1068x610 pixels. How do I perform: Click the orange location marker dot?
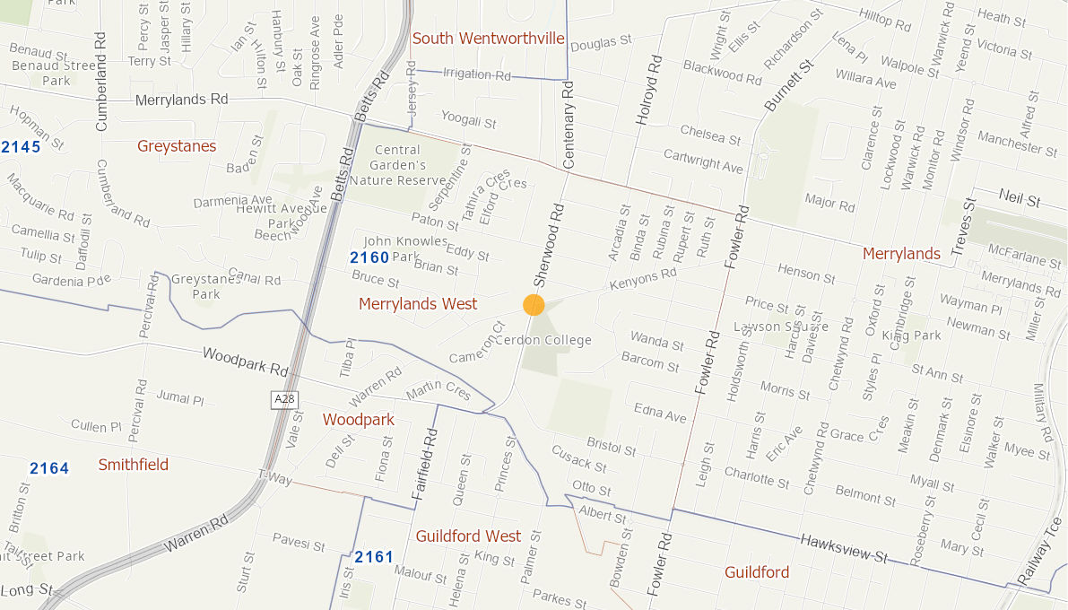(x=534, y=305)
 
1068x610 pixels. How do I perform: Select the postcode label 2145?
(x=21, y=146)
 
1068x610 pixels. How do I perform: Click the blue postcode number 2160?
(x=369, y=258)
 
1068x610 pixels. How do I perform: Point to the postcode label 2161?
(x=374, y=557)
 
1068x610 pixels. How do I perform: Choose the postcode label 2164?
(x=49, y=468)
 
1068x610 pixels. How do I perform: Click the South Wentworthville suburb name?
(x=488, y=39)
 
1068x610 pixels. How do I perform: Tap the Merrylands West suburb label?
(x=418, y=304)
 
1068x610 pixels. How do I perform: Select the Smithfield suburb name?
(x=134, y=465)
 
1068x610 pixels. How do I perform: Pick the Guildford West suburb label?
(x=468, y=536)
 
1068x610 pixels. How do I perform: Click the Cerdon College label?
(x=543, y=341)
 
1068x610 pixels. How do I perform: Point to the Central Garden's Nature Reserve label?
(x=397, y=165)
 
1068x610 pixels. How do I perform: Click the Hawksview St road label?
(x=844, y=548)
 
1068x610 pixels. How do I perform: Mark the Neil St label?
(x=1020, y=198)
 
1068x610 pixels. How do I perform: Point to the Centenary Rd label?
(x=568, y=125)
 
